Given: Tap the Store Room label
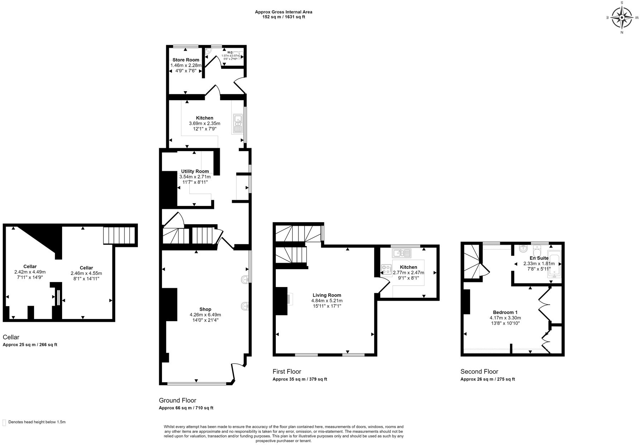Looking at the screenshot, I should click(186, 60).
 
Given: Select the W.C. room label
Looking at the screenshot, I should click(230, 52).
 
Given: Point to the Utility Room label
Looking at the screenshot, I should click(195, 171).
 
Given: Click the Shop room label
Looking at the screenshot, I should click(205, 309).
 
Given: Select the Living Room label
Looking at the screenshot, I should click(326, 295).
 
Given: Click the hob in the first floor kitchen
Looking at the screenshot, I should click(386, 269).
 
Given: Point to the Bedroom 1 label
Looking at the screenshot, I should click(505, 312).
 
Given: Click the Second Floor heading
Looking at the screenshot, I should click(479, 371).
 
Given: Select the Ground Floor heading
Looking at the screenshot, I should click(177, 400).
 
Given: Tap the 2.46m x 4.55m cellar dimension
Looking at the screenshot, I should click(86, 273).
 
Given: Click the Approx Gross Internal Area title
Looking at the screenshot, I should click(283, 12).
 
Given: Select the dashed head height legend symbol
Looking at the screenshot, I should click(4, 422).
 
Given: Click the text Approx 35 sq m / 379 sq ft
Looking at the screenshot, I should click(300, 379).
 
